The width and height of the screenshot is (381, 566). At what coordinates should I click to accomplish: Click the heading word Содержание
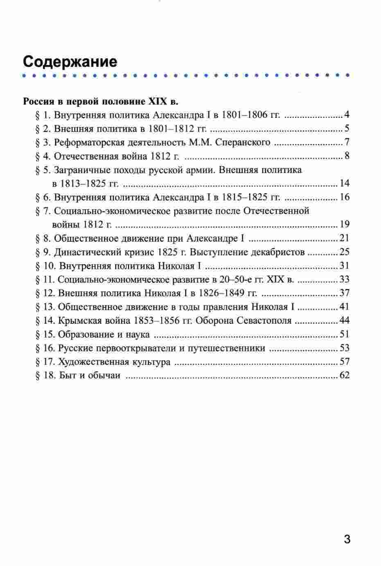70,61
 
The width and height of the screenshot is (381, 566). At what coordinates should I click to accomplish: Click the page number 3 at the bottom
347,539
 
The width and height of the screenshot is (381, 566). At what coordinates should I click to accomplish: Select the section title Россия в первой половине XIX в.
101,101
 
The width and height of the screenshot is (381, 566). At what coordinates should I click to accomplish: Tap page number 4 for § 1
347,115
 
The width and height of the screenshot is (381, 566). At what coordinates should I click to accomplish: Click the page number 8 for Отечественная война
347,156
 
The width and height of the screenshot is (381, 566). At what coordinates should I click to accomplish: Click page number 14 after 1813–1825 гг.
345,183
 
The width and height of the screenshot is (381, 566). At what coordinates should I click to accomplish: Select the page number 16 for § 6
345,197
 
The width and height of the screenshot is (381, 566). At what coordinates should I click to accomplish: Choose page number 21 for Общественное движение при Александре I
345,239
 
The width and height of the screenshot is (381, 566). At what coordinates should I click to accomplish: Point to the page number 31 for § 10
345,266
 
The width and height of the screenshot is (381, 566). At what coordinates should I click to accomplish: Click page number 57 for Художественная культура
345,362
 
